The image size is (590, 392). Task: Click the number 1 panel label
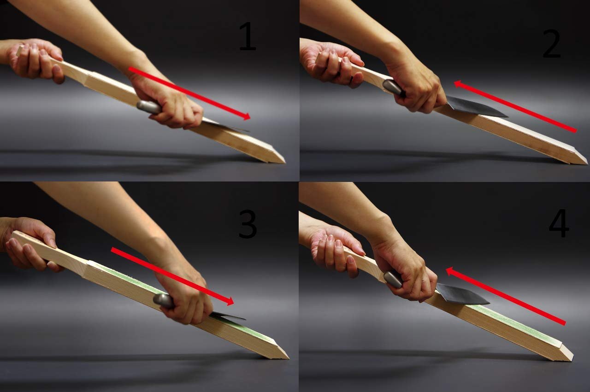248,36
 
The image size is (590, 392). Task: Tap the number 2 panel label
552,43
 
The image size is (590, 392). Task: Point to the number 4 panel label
559,223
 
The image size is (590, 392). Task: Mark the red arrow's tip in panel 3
234,302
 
